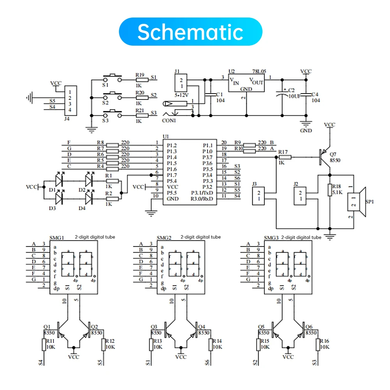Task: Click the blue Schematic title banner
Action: point(190,32)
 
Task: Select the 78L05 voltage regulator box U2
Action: point(246,83)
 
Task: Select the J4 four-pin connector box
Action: point(71,101)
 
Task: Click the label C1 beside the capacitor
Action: point(219,94)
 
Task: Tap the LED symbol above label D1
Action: point(59,180)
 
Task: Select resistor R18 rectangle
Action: point(330,190)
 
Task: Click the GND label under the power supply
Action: point(306,131)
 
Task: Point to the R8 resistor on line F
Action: point(112,145)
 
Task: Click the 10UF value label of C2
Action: point(294,96)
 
